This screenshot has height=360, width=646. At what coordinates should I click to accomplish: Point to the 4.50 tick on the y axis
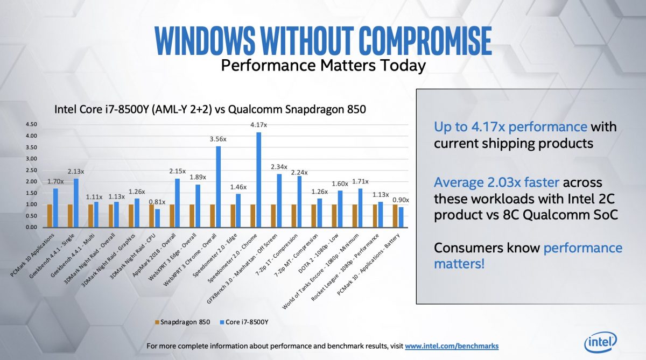tap(31, 124)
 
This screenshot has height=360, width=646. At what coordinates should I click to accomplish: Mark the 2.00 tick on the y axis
tap(31, 181)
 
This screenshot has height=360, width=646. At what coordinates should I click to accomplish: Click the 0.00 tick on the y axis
tap(31, 227)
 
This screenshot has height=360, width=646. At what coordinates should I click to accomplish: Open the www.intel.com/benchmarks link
tap(452, 346)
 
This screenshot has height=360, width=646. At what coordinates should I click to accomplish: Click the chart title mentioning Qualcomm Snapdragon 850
tap(210, 109)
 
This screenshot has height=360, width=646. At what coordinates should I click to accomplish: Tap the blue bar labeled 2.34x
tap(279, 201)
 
